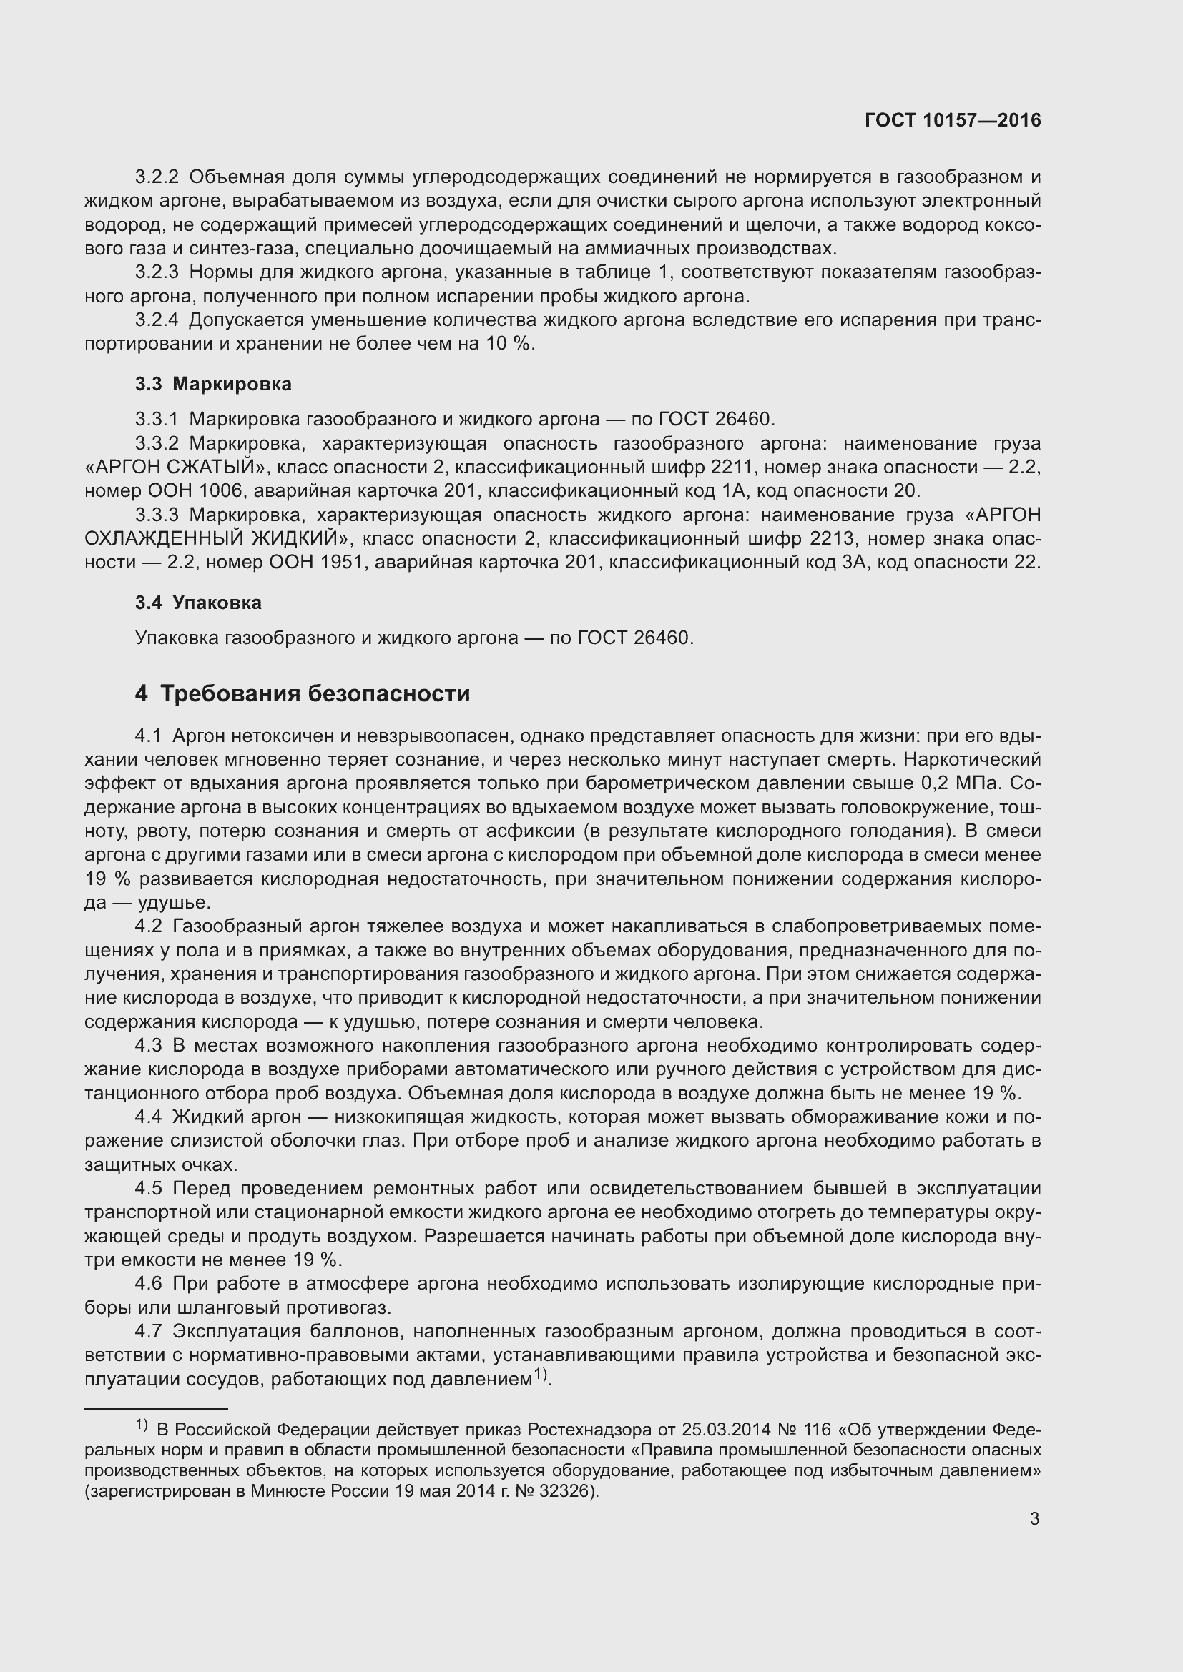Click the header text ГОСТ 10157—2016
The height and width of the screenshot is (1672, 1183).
pyautogui.click(x=953, y=120)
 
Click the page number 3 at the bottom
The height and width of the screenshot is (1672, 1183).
pyautogui.click(x=1034, y=1519)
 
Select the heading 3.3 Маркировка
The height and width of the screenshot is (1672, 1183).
pyautogui.click(x=212, y=384)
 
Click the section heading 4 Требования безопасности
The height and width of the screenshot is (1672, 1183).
pyautogui.click(x=302, y=693)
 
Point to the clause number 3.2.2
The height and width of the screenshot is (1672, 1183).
pyautogui.click(x=157, y=177)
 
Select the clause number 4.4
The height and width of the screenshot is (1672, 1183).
pyautogui.click(x=149, y=1117)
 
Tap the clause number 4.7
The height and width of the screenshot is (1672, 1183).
pyautogui.click(x=149, y=1331)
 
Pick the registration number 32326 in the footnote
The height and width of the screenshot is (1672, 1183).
pyautogui.click(x=567, y=1490)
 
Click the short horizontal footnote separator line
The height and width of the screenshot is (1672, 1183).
pyautogui.click(x=156, y=1408)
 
